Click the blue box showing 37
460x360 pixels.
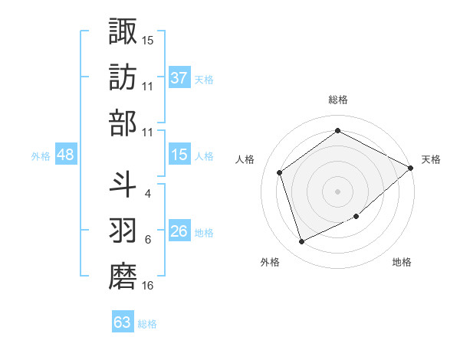coord(179,78)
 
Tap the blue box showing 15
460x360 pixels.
coord(179,155)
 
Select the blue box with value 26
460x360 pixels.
coord(179,231)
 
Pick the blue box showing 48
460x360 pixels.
coord(66,155)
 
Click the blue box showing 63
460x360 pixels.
coord(123,322)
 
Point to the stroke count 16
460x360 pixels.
coord(148,286)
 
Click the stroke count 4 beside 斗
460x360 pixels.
coord(148,193)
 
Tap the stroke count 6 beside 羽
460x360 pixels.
coord(148,240)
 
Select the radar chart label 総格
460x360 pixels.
coord(337,100)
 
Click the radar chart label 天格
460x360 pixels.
coord(431,159)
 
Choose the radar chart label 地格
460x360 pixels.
coord(402,263)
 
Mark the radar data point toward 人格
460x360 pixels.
coord(280,172)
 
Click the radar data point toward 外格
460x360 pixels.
coord(301,242)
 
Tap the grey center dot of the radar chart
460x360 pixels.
coord(337,191)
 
